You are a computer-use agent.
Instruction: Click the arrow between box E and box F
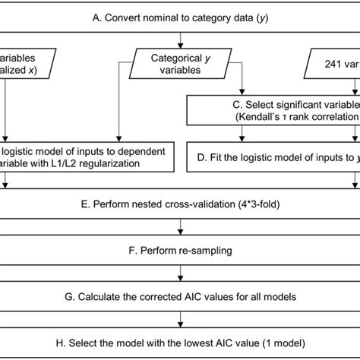[179, 226]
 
